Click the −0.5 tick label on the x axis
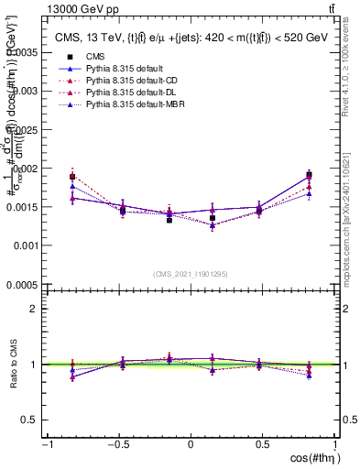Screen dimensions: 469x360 click(115, 444)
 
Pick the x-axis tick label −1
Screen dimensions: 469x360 click(45, 444)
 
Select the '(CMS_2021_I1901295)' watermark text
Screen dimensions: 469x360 click(191, 274)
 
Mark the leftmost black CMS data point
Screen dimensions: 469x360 click(72, 177)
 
